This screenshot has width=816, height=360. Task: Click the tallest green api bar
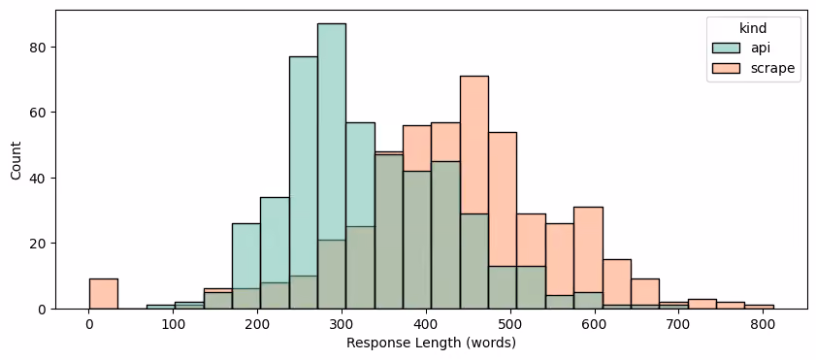coord(332,166)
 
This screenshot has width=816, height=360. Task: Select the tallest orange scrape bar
coord(474,192)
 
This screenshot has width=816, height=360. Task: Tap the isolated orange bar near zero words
coord(104,294)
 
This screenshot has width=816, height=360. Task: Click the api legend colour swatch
coord(725,48)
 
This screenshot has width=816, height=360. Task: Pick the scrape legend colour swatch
coord(725,68)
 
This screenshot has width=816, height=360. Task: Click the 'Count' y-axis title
coord(16,160)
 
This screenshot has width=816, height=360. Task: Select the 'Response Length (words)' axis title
coord(431,344)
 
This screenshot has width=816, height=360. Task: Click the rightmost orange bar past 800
coord(760,307)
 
